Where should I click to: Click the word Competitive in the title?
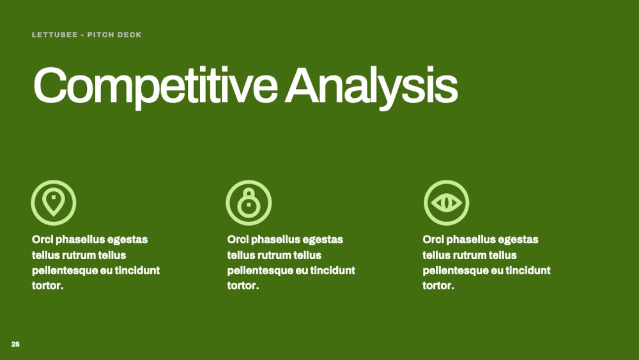pyautogui.click(x=156, y=87)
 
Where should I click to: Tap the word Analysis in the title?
pyautogui.click(x=371, y=87)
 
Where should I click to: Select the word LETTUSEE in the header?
pyautogui.click(x=54, y=35)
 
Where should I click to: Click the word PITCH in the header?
pyautogui.click(x=100, y=35)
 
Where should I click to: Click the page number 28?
pyautogui.click(x=15, y=344)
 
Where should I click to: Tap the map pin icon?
pyautogui.click(x=54, y=203)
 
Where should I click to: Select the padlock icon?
pyautogui.click(x=249, y=203)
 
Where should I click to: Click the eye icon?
pyautogui.click(x=446, y=203)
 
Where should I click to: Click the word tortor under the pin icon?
pyautogui.click(x=47, y=285)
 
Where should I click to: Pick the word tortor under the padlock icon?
pyautogui.click(x=243, y=285)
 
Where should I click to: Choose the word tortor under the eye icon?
pyautogui.click(x=438, y=285)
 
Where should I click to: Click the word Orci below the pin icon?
pyautogui.click(x=42, y=239)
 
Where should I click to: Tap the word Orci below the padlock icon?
pyautogui.click(x=238, y=239)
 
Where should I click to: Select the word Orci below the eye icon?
pyautogui.click(x=433, y=239)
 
